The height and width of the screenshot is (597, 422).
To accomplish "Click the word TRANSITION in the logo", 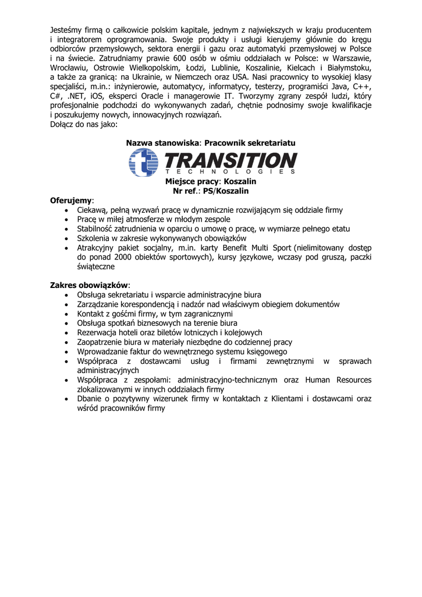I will (231, 160).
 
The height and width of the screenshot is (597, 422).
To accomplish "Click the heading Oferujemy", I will (72, 200).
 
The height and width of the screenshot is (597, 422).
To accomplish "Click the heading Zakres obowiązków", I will (88, 285).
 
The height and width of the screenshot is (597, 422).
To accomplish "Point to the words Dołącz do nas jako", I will (84, 124).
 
